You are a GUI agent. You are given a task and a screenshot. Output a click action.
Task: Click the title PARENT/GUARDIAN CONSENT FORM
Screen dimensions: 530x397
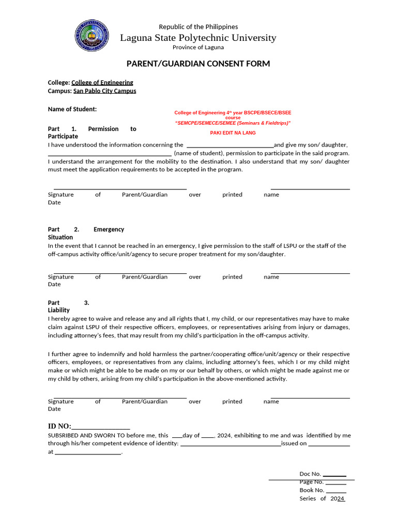[198, 64]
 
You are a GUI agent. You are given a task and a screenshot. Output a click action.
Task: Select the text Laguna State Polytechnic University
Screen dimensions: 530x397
[198, 38]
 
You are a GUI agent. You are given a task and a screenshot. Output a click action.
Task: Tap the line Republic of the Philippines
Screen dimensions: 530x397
[198, 26]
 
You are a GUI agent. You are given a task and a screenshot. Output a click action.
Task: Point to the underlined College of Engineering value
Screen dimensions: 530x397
[102, 82]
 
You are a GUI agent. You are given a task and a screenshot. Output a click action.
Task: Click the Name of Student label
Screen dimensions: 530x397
[72, 109]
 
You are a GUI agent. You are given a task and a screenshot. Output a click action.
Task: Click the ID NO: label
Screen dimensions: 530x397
[59, 426]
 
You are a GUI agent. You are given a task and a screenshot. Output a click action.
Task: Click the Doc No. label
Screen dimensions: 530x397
[311, 474]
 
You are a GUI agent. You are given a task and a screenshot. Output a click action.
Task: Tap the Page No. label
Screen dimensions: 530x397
[312, 482]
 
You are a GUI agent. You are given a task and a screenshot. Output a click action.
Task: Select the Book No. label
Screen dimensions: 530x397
[312, 490]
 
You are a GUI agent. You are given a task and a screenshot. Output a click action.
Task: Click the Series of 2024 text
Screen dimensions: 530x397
[322, 498]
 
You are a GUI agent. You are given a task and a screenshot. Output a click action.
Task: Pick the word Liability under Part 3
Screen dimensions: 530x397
[59, 310]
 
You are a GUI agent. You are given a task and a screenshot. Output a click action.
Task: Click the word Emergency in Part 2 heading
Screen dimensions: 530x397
[109, 229]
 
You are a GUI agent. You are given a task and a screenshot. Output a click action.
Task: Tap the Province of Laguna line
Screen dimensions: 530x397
[198, 47]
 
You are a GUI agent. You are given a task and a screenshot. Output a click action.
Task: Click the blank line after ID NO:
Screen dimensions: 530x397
[100, 428]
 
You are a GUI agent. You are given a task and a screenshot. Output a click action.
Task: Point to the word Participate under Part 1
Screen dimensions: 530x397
[63, 136]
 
